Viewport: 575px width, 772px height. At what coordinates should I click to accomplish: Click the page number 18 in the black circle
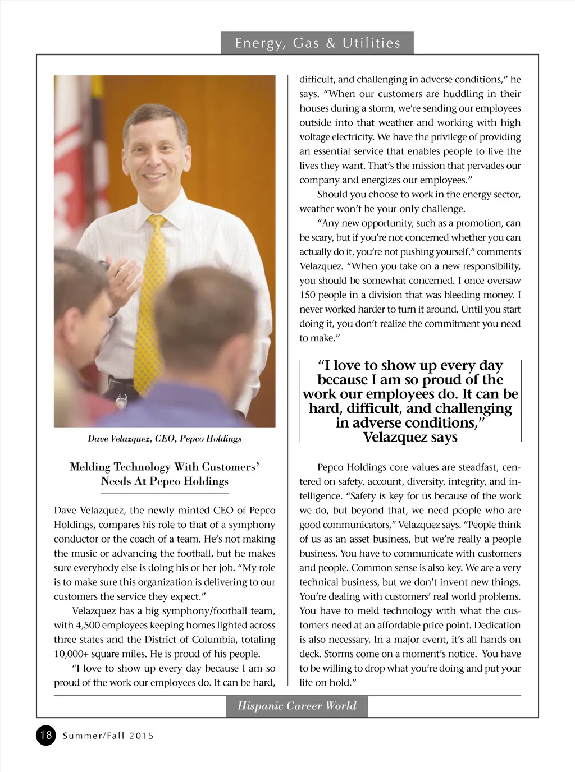pyautogui.click(x=46, y=735)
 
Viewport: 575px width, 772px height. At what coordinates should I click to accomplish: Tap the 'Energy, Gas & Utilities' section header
pyautogui.click(x=317, y=43)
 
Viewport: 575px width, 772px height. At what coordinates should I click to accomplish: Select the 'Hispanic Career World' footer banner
pyautogui.click(x=297, y=706)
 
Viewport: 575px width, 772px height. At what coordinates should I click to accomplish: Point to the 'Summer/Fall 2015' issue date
pyautogui.click(x=108, y=736)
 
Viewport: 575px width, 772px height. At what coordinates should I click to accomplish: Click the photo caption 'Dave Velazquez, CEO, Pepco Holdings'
pyautogui.click(x=165, y=438)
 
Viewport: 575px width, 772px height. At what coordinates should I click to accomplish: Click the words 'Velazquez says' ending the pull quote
pyautogui.click(x=410, y=437)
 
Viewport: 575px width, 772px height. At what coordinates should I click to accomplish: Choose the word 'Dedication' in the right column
pyautogui.click(x=496, y=625)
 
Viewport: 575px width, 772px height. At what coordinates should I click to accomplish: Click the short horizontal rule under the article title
pyautogui.click(x=165, y=494)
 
